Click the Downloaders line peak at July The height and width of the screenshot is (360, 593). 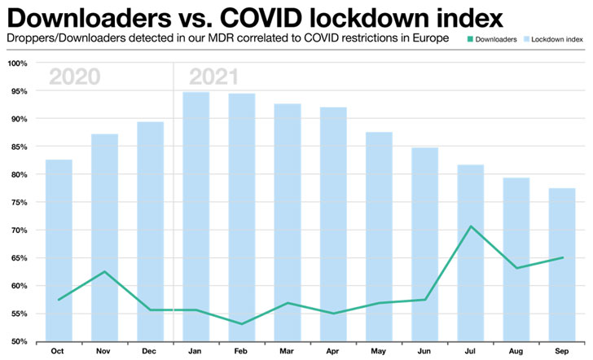tap(470, 226)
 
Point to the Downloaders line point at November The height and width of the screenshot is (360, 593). tap(104, 271)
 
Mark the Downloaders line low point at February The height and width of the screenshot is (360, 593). tap(242, 323)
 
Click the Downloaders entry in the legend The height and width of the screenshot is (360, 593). tap(490, 38)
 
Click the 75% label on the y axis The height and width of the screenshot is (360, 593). tap(18, 203)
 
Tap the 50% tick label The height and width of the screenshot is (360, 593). tap(18, 341)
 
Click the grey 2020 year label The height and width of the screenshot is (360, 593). tap(74, 77)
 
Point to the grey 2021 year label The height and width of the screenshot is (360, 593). tap(213, 77)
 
